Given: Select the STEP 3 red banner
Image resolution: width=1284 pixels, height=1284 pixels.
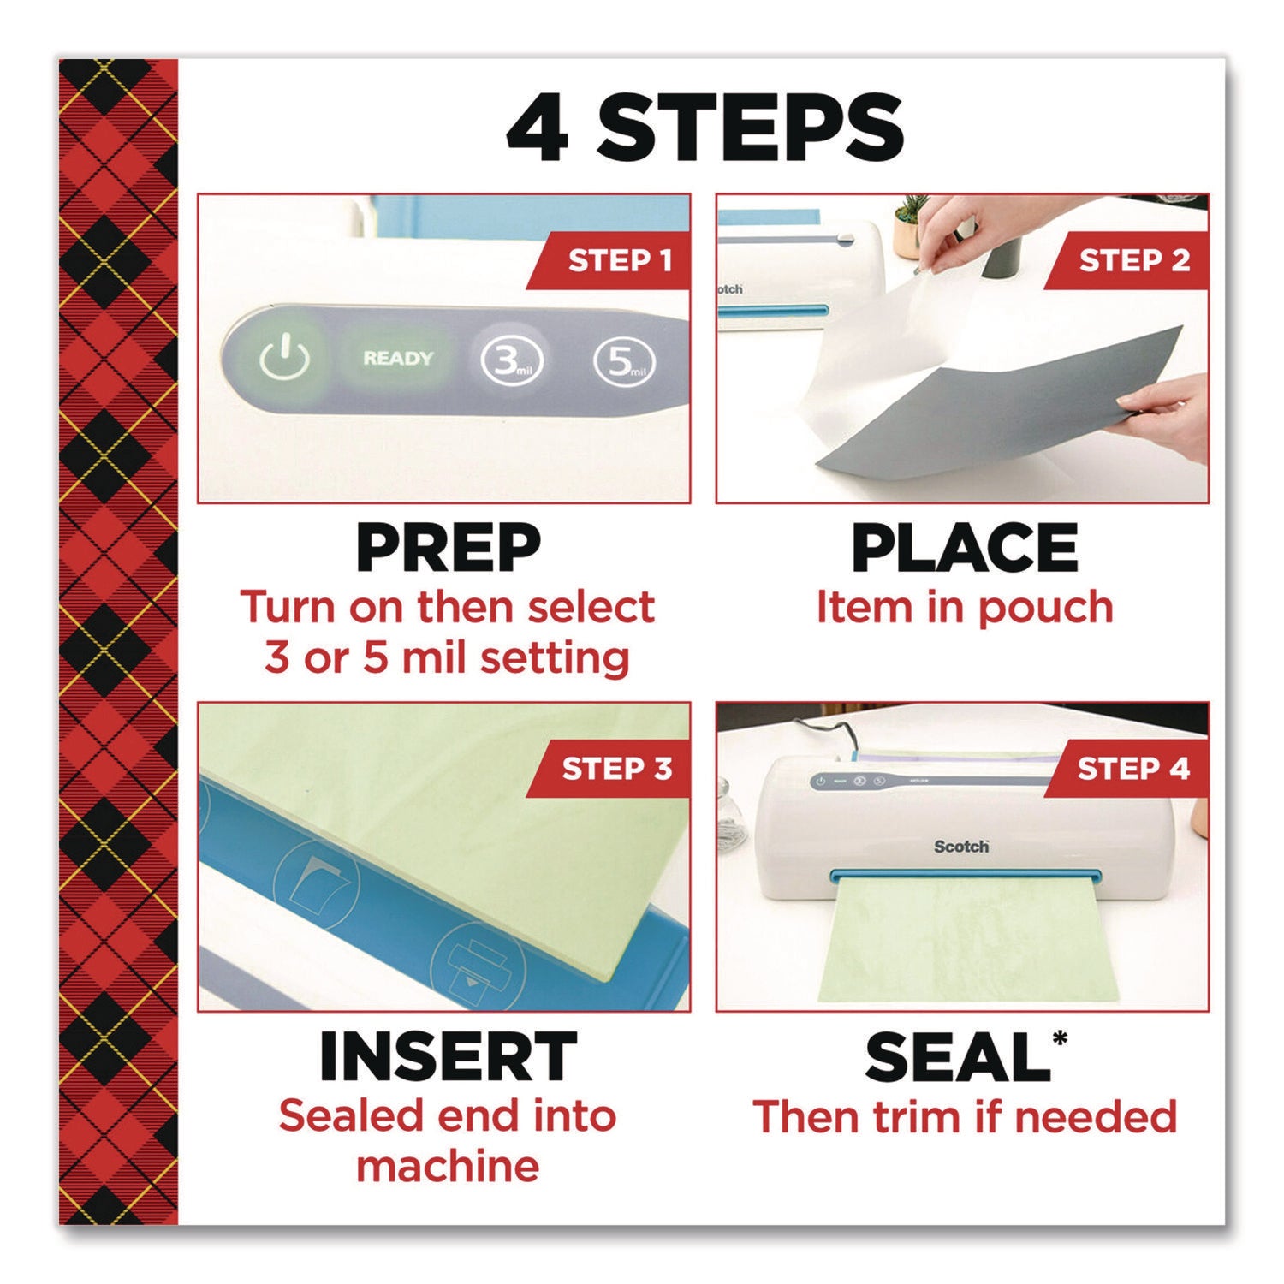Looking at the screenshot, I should click(613, 769).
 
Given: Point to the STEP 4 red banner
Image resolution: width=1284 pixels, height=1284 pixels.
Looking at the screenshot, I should click(1130, 769).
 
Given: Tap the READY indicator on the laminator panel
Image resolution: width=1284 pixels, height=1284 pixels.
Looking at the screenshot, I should click(398, 358).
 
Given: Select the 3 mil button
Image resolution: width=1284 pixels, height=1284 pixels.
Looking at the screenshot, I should click(511, 361).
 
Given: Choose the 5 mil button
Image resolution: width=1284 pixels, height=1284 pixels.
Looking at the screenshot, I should click(625, 361).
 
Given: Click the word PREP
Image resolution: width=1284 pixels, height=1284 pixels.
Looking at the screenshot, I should click(448, 549).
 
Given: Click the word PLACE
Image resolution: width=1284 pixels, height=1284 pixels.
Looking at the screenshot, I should click(965, 549).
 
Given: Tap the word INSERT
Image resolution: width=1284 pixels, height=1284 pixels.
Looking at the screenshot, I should click(448, 1057).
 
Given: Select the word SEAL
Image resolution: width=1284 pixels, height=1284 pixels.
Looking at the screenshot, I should click(956, 1059).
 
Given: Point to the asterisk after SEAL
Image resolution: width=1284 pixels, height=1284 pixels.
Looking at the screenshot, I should click(1061, 1038).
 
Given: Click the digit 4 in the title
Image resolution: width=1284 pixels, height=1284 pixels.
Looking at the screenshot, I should click(538, 128).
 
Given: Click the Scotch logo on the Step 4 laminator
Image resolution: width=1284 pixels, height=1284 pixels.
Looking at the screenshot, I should click(960, 847).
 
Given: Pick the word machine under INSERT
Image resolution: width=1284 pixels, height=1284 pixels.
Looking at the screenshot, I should click(448, 1166).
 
